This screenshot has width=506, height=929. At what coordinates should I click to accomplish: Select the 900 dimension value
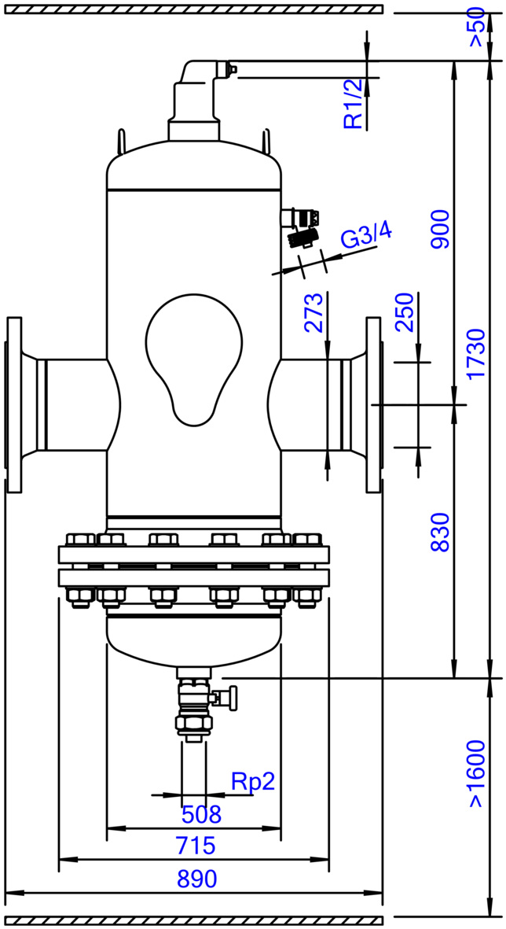coord(439,229)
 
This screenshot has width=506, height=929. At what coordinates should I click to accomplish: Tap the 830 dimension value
coord(439,532)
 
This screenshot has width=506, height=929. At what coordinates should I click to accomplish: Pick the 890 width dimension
coord(197,879)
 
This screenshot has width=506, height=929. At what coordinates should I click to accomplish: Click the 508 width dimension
coord(201,814)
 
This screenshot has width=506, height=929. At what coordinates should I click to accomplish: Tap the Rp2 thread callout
coord(253,782)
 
